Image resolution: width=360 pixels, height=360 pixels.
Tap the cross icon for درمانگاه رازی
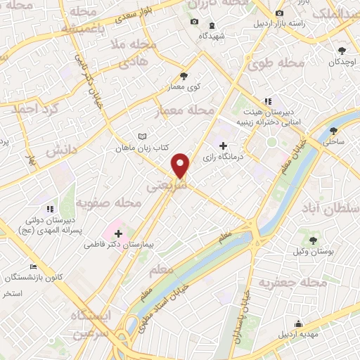click(224, 146)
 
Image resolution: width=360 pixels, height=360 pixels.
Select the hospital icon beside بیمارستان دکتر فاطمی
click(118, 233)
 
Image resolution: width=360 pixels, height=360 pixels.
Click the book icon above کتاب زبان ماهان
click(143, 136)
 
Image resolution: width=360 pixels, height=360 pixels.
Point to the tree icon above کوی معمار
click(184, 75)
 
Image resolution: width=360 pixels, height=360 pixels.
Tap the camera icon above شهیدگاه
click(195, 22)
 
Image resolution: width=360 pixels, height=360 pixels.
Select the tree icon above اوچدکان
click(342, 50)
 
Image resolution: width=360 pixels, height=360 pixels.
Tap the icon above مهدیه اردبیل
click(298, 324)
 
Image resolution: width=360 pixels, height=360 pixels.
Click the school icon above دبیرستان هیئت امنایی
click(267, 101)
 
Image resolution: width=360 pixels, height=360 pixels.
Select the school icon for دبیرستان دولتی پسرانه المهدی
click(50, 209)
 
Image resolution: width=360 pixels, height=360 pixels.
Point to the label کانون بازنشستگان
click(42, 276)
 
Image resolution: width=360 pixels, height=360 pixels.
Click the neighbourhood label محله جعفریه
click(294, 283)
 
